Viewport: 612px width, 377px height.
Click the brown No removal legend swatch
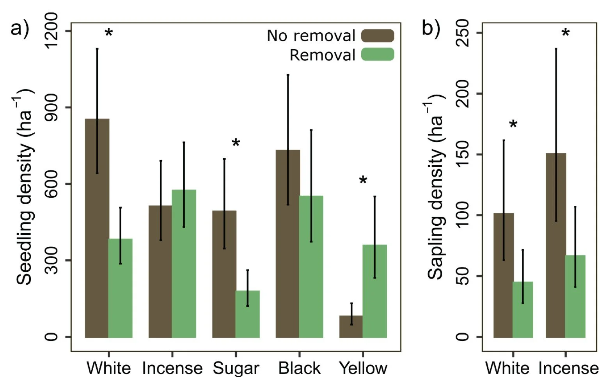(377, 35)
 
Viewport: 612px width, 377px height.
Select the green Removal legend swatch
(377, 55)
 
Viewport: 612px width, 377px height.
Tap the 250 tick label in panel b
(463, 33)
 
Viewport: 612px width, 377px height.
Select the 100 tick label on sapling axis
(463, 215)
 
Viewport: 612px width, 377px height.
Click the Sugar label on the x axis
(236, 368)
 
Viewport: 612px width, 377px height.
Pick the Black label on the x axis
(299, 368)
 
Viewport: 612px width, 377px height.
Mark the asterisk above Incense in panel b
(566, 33)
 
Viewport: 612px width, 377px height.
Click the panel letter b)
(431, 28)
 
